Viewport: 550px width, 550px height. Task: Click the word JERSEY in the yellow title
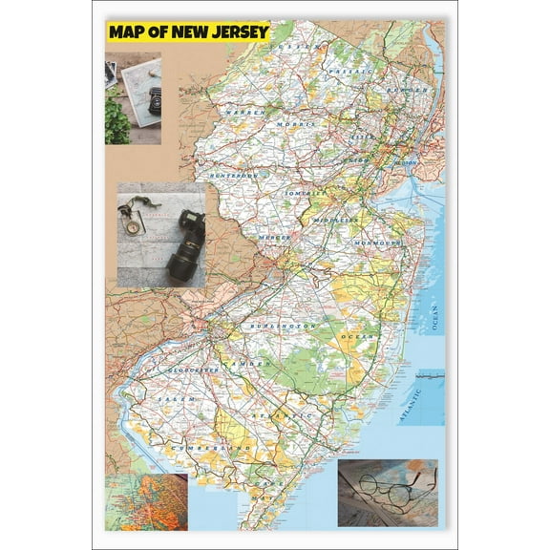click(237, 32)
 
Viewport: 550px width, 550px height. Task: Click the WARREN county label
click(243, 113)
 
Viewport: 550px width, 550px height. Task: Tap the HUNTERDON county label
click(233, 177)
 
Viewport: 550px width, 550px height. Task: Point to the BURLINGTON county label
click(282, 327)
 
